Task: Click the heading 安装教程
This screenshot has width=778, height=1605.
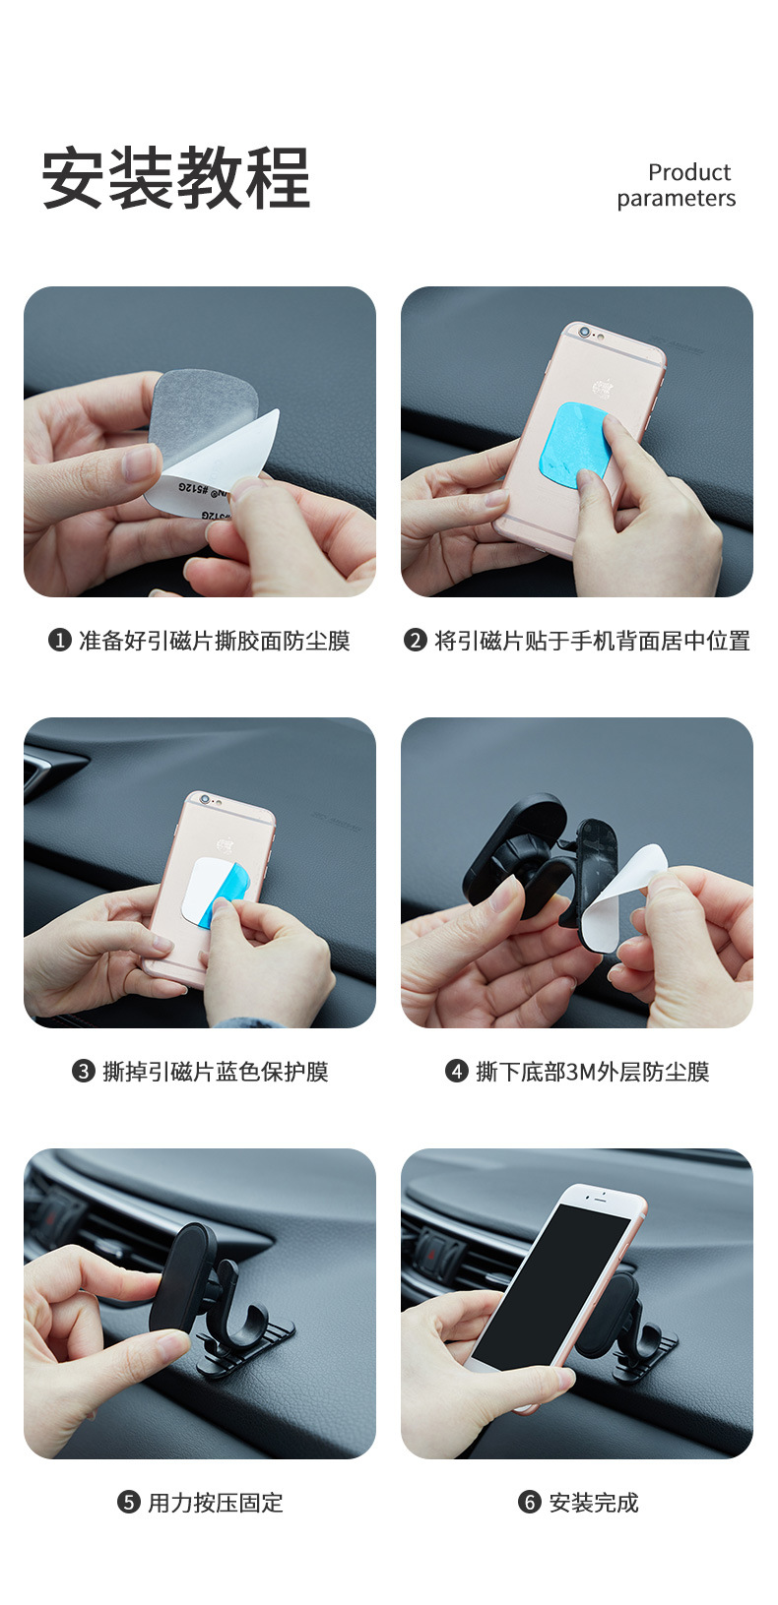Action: (x=176, y=179)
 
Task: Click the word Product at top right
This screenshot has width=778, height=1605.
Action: (x=689, y=172)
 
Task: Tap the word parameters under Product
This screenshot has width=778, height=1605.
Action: (x=677, y=199)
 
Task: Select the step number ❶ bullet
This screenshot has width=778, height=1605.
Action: (x=60, y=641)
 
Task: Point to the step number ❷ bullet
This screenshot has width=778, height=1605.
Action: (x=416, y=641)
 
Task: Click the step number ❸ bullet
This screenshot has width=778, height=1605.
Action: (x=84, y=1072)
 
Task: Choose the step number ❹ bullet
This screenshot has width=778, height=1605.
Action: (x=457, y=1072)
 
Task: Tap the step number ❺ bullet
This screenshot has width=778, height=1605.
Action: (x=129, y=1503)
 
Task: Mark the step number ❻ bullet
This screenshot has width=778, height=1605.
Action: (x=530, y=1503)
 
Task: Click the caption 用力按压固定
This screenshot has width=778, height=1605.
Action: (x=216, y=1503)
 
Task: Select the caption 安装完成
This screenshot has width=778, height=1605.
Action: (x=594, y=1503)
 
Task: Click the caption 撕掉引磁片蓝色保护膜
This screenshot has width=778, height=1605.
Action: (x=216, y=1072)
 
